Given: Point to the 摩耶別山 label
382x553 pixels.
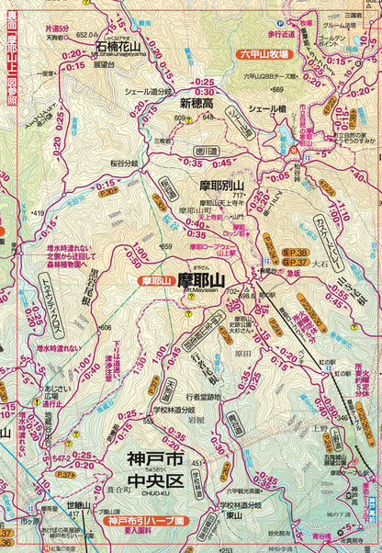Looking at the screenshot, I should tap(226, 185).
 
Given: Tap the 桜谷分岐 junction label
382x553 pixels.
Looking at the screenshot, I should tap(139, 162).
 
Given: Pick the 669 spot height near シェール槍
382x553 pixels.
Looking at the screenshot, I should tap(275, 89).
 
